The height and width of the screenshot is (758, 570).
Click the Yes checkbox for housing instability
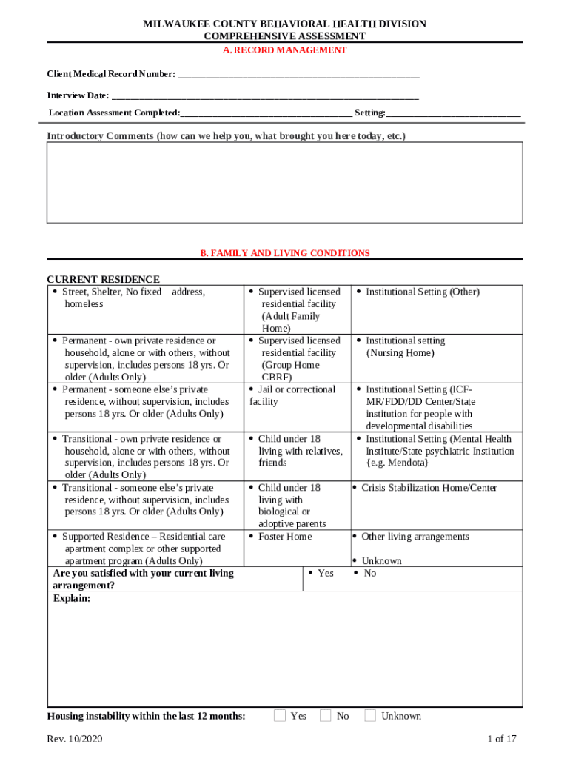(280, 716)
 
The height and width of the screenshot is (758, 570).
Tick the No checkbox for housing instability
(326, 716)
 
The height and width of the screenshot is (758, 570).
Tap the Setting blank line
(453, 113)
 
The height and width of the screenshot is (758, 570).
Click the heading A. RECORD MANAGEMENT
(285, 50)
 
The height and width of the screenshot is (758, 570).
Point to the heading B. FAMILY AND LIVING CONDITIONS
(285, 253)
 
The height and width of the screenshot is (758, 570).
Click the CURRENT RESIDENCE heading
(103, 279)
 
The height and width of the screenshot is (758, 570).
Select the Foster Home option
(284, 537)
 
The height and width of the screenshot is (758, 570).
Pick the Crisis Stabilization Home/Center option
(429, 488)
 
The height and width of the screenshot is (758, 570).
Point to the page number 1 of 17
(501, 739)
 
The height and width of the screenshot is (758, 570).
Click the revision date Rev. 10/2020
(74, 739)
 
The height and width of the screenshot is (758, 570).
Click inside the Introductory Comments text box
(285, 182)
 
